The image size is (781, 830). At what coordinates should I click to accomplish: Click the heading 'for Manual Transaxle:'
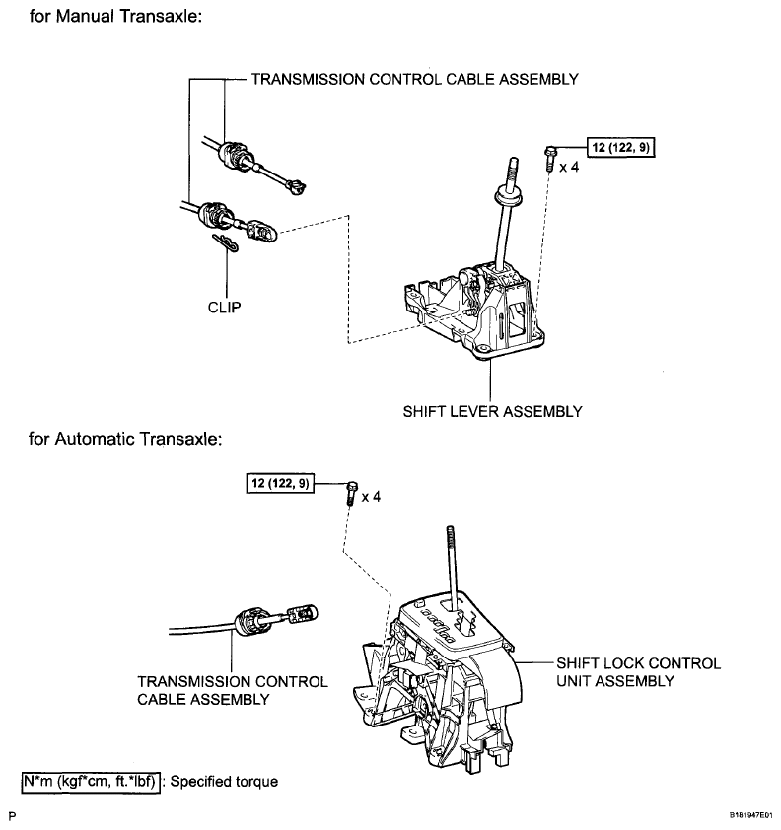115,17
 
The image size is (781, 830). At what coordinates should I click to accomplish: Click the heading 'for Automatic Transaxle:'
125,439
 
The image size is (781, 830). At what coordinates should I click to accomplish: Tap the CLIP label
225,307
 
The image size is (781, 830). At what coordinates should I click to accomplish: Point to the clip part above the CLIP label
225,242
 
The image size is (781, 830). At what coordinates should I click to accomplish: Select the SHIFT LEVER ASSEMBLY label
492,412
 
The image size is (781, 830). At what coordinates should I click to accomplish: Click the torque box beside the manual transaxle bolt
620,147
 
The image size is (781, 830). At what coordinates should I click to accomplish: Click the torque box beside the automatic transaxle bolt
280,483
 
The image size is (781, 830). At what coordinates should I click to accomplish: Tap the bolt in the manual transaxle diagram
550,159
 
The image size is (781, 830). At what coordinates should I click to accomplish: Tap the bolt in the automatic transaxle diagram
352,493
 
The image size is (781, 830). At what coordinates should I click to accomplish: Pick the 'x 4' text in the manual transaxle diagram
569,168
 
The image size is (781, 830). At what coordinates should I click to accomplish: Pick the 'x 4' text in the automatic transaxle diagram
371,497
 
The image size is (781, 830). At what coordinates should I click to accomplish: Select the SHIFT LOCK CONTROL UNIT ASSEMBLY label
639,672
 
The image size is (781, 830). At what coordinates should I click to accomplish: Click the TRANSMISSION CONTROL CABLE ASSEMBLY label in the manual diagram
414,80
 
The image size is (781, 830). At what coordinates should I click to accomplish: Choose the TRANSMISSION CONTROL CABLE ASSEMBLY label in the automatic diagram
233,690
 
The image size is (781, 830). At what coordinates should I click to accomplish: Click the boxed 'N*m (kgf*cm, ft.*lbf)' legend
91,782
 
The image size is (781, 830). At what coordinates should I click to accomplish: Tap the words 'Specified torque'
224,782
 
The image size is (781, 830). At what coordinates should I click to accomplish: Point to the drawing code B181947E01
751,816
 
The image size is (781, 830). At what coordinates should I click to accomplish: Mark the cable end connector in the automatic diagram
303,614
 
